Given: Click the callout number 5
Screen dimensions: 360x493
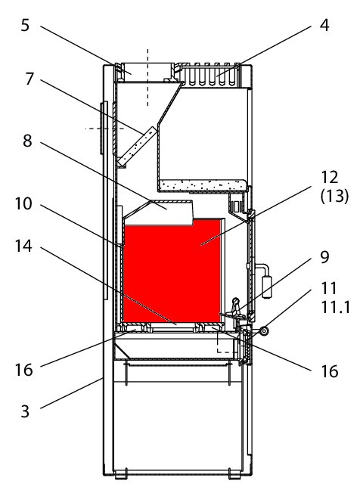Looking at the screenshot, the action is click(25, 25).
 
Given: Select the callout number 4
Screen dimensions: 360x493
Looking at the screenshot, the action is click(324, 25).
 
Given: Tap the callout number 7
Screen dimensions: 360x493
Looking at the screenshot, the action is click(29, 79).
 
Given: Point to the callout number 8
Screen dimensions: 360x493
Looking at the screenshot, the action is click(27, 141).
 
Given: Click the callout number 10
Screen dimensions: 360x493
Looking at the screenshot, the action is click(23, 203).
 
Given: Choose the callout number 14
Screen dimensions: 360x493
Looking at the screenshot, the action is click(23, 246).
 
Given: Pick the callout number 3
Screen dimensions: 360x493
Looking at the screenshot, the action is click(25, 411).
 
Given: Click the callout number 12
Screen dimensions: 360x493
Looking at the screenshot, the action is click(329, 178).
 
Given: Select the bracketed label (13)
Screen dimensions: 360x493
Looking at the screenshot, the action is click(334, 197).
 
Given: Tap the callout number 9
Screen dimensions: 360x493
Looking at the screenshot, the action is click(324, 257).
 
